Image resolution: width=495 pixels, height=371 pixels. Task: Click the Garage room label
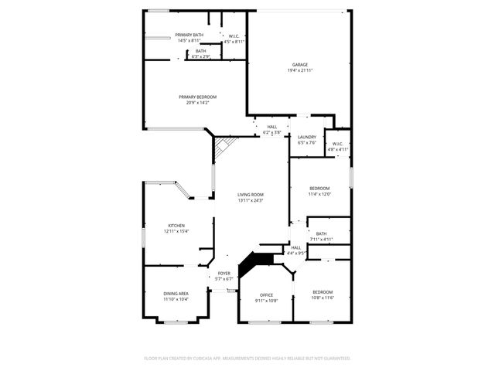coord(299,67)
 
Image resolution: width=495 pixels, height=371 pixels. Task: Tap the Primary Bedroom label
coord(197,100)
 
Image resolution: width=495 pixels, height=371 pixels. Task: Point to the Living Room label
coord(251,197)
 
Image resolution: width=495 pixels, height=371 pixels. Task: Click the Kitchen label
coord(176,228)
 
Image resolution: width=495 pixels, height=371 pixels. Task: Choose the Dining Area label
coord(176,296)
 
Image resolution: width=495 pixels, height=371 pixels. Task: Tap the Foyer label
coord(224,276)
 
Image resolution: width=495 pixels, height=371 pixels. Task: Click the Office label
coord(267,298)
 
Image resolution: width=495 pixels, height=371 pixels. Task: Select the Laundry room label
coord(307,139)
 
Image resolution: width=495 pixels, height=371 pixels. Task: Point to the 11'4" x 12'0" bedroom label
coord(319,191)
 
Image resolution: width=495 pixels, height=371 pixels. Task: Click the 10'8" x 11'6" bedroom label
coord(322,294)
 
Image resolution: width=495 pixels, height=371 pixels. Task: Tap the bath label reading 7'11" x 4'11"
coord(321,237)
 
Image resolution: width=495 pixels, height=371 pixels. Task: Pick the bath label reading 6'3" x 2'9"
coord(200,53)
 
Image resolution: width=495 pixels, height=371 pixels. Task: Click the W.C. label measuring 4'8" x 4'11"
coord(338,146)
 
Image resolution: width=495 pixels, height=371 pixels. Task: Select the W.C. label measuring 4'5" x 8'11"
coord(234,39)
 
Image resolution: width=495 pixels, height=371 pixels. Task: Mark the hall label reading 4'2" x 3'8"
coord(271,130)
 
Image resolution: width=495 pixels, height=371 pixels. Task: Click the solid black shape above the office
coord(251,264)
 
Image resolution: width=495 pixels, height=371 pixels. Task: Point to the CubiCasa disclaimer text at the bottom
coord(247,359)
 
